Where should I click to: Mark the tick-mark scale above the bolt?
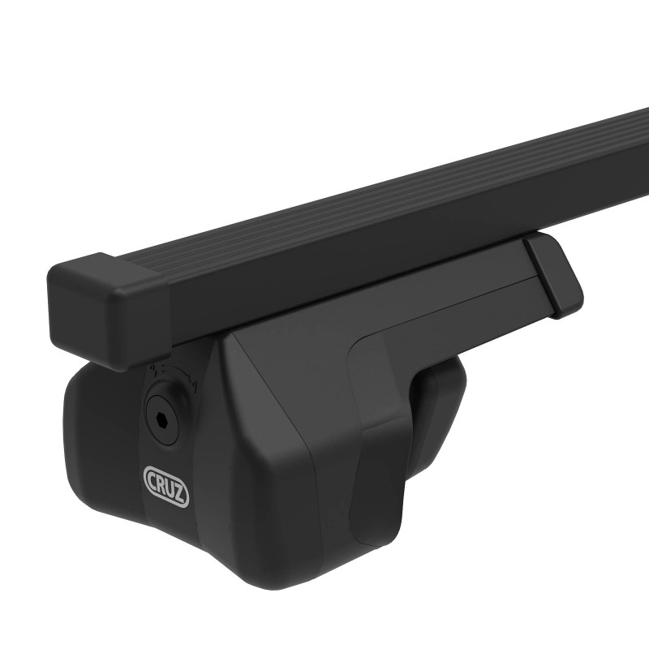(x=171, y=372)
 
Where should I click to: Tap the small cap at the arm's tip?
(x=554, y=276)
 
